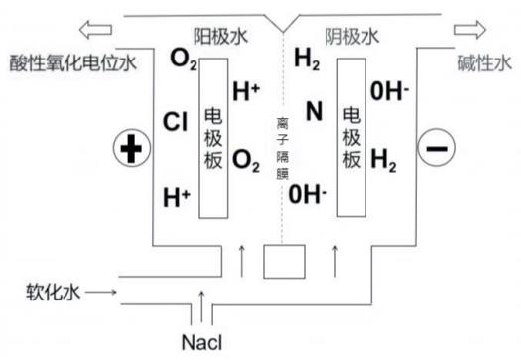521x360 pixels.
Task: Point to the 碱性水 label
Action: tap(484, 64)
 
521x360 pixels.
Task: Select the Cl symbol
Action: tap(176, 123)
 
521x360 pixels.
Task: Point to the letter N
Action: tap(314, 112)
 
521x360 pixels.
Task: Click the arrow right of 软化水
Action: tap(103, 293)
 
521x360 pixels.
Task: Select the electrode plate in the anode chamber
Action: tap(213, 137)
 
